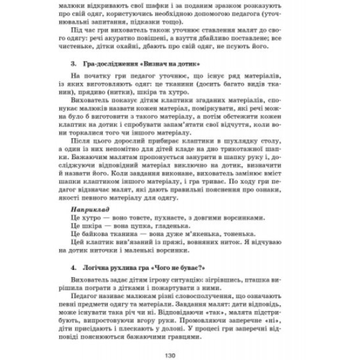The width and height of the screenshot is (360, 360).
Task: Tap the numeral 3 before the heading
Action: [73, 64]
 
